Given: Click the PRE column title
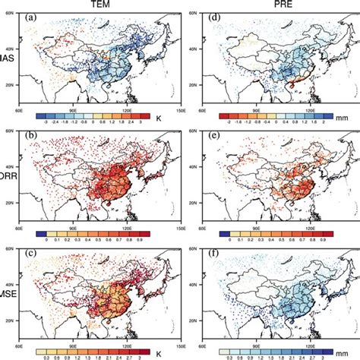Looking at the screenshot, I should click(x=274, y=5).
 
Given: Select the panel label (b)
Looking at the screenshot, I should click(x=34, y=137).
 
